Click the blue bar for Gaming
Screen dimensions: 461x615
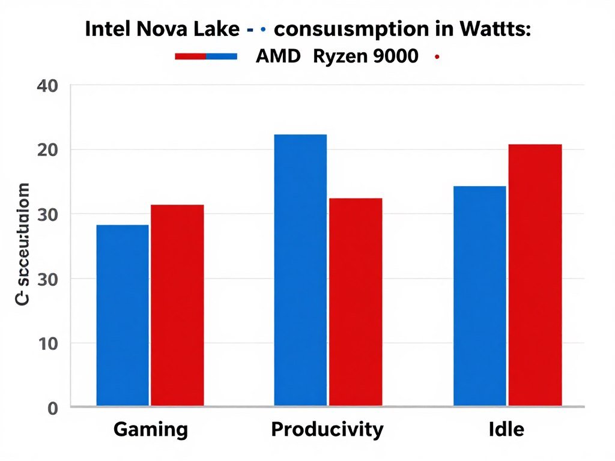pos(123,315)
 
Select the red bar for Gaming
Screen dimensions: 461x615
pos(177,305)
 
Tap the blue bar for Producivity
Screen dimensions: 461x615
pos(300,270)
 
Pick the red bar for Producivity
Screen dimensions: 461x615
pos(356,302)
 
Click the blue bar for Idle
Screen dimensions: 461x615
pos(479,296)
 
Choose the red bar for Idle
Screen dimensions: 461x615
pos(535,275)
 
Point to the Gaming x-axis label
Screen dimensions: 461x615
pos(150,430)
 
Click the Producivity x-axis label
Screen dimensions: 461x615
pos(327,430)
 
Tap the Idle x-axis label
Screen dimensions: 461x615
pos(506,430)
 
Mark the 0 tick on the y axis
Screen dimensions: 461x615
pos(52,409)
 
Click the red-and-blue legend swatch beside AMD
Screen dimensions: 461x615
pos(206,57)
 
